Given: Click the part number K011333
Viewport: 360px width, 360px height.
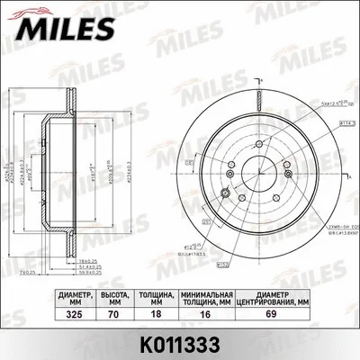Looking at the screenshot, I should click(x=179, y=344).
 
